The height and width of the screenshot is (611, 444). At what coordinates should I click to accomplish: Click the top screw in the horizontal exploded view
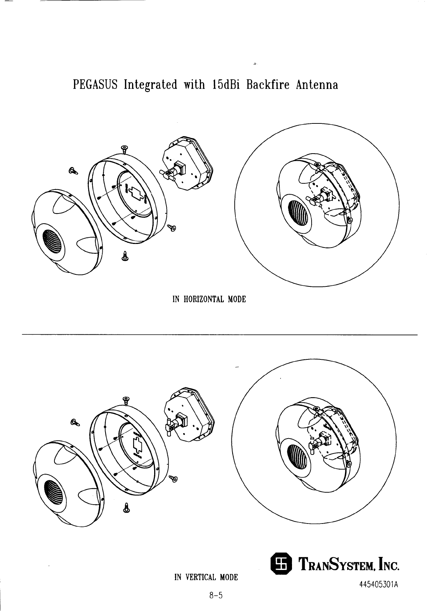[124, 149]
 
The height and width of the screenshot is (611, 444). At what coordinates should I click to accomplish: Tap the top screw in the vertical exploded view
[126, 400]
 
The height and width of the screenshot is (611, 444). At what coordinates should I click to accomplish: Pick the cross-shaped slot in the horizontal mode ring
[136, 193]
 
